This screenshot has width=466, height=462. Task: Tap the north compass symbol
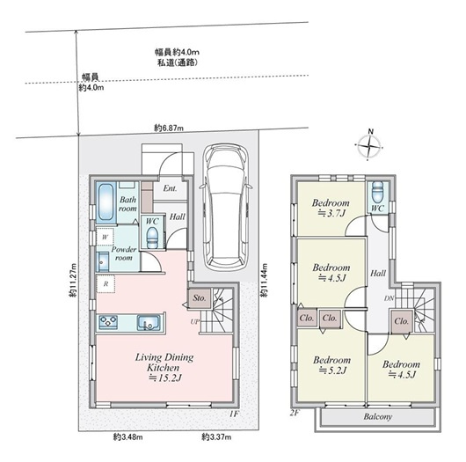[x=370, y=146]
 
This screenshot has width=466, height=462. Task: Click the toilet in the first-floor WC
[x=150, y=237]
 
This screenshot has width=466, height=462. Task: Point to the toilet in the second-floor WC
[x=376, y=192]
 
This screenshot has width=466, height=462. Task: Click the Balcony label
[x=375, y=415]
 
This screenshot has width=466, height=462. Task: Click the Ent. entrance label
[x=170, y=189]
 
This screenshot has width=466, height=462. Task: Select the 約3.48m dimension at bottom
[x=127, y=436]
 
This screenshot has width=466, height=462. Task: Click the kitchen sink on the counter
[x=146, y=320]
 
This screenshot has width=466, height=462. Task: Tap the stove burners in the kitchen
[x=110, y=320]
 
